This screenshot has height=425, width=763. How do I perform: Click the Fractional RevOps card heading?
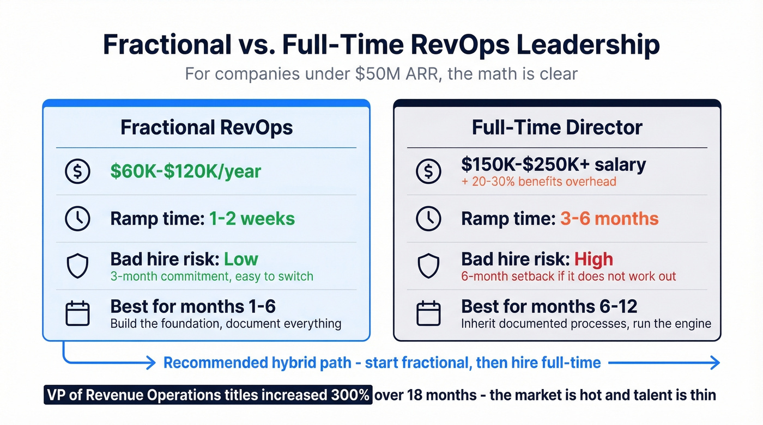[207, 127]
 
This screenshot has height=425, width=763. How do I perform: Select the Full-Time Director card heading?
[557, 127]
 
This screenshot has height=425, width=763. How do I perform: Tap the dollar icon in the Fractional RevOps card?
[77, 171]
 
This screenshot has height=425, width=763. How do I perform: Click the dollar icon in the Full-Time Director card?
[428, 171]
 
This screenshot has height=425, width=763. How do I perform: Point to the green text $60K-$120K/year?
[186, 171]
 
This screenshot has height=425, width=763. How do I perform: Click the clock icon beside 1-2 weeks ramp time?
[77, 219]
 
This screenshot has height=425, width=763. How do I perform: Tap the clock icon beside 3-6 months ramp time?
[428, 219]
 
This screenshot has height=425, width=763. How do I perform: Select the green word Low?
[241, 259]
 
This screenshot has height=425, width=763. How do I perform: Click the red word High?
[594, 259]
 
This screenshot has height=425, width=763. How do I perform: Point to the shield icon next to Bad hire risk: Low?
[77, 266]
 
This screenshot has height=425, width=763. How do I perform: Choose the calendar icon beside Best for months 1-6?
[77, 313]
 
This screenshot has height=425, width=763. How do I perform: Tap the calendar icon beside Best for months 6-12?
[428, 313]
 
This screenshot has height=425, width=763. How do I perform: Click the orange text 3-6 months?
[609, 219]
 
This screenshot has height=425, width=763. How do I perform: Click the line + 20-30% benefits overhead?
[538, 181]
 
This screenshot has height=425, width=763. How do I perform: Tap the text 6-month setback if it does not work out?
[568, 276]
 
